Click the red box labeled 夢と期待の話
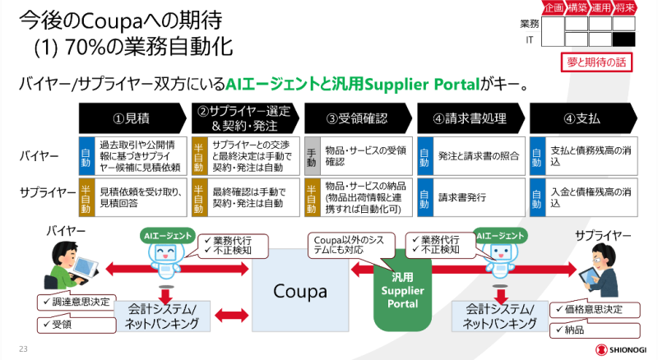(597, 62)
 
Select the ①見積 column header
(132, 118)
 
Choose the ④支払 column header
(582, 118)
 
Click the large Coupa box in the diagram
(301, 291)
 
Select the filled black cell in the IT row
(624, 39)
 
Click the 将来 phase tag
(624, 8)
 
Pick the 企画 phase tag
(554, 8)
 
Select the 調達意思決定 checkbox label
(74, 302)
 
